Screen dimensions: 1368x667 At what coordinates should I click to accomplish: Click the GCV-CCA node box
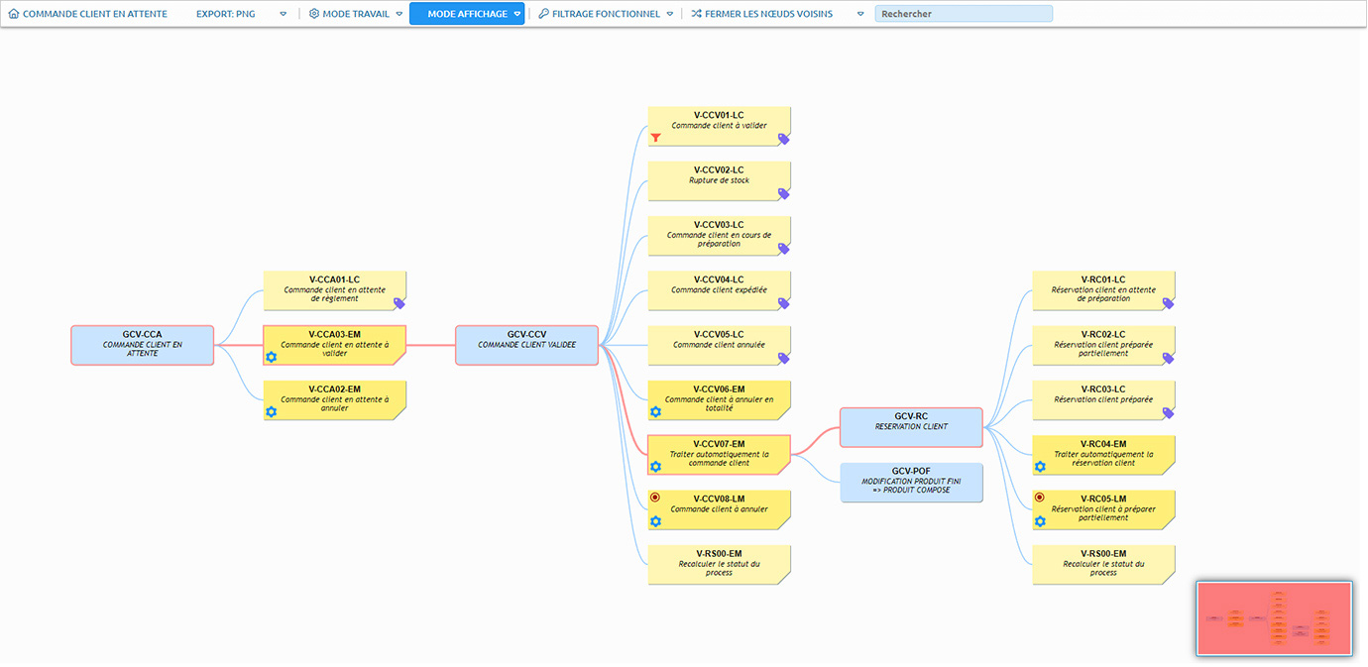pos(143,345)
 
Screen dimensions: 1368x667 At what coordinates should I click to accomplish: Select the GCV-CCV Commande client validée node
pos(526,345)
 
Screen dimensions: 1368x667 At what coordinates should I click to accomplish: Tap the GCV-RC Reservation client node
pos(911,427)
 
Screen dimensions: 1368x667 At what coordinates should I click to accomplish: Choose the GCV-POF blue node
pos(911,483)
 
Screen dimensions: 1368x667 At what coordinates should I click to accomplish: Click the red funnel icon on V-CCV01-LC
pos(655,138)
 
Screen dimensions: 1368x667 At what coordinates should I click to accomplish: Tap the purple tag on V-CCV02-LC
pos(783,194)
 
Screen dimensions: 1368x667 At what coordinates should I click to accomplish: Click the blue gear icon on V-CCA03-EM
pos(272,357)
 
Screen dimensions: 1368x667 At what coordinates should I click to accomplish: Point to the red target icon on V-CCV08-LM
pos(654,498)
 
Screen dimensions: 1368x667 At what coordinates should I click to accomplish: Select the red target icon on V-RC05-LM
pos(1040,498)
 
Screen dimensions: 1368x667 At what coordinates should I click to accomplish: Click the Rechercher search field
pos(964,14)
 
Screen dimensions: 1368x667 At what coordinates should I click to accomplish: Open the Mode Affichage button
pos(467,14)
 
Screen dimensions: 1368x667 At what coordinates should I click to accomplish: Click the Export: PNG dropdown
pos(241,14)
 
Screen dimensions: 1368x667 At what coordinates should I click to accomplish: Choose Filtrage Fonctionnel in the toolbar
pos(606,14)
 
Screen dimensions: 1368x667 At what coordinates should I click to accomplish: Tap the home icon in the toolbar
pos(14,14)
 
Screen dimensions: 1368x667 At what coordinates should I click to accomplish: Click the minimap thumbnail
pos(1274,618)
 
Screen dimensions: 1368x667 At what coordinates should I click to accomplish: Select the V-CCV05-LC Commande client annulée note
pos(719,345)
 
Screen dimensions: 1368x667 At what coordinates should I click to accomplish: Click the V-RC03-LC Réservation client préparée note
pos(1103,400)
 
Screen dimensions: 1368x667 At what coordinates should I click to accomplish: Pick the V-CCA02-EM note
pos(335,400)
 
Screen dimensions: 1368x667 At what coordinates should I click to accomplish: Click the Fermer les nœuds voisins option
pos(768,14)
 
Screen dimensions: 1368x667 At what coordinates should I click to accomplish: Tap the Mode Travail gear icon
pos(314,14)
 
